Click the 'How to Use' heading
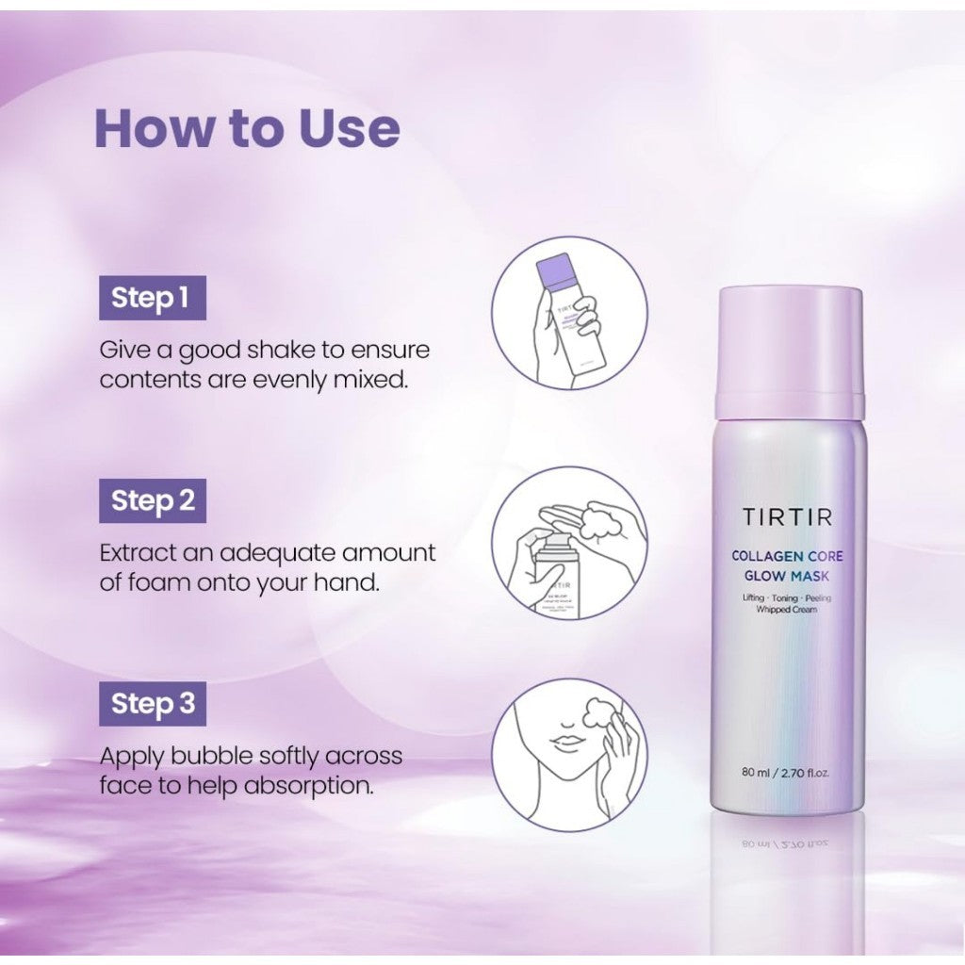(248, 128)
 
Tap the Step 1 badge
(153, 298)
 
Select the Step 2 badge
(153, 501)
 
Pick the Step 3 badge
(153, 704)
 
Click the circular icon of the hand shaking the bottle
(569, 313)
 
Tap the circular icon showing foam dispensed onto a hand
(569, 543)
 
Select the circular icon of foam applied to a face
(569, 755)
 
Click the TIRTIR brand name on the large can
(787, 517)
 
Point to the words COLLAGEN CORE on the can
(787, 556)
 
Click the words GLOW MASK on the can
(787, 577)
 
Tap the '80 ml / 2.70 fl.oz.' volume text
(785, 773)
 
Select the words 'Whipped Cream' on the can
(787, 610)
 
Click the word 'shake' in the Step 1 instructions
(280, 351)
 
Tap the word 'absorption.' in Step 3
(309, 786)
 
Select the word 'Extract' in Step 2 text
(138, 552)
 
